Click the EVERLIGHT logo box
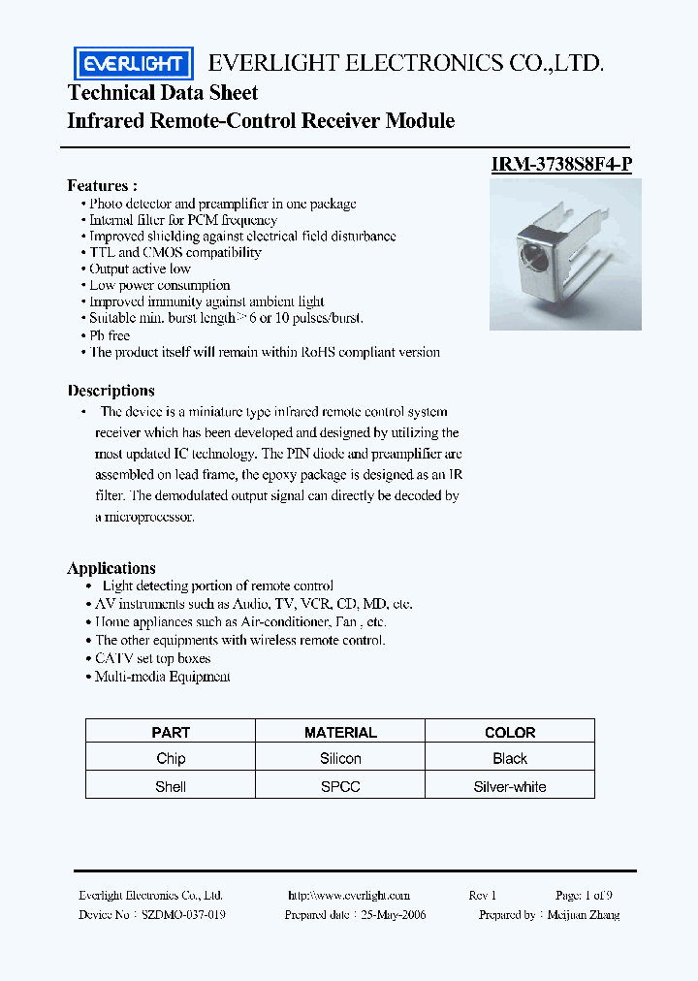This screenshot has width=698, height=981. coord(134,64)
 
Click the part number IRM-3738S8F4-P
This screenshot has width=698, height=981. coord(562,165)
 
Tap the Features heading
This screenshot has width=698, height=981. coord(102,185)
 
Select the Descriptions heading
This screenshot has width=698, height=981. coord(111,391)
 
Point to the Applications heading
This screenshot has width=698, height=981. coord(111,568)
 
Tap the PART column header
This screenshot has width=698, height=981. coord(171,733)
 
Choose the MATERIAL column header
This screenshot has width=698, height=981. coord(340,733)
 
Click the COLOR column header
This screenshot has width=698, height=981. coord(510,733)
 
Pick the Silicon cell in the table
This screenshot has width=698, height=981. coord(340,759)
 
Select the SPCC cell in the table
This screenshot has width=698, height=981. coord(340,786)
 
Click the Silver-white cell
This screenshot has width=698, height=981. coord(510,786)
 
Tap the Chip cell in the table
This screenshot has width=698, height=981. coord(171,759)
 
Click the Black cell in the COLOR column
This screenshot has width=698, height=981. coord(510,759)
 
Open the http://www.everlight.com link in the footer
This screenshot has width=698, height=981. coord(349,896)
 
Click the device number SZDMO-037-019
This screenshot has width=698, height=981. coord(184,915)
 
